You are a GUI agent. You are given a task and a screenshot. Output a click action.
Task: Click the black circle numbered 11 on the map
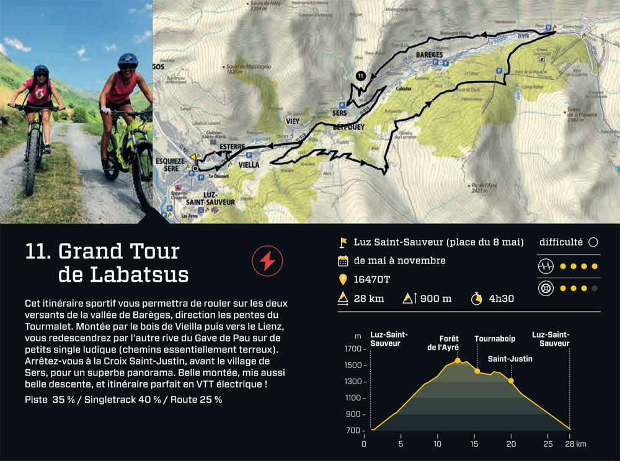361,76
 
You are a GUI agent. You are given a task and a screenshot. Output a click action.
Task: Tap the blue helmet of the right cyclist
127,60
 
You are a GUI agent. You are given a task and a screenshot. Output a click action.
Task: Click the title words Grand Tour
118,252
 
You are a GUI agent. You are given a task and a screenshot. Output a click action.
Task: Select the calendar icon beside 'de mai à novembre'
342,261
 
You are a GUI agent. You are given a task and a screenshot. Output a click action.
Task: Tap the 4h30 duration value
502,299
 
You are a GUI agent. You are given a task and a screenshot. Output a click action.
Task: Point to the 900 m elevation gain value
436,299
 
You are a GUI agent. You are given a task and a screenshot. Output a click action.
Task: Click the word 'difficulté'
560,242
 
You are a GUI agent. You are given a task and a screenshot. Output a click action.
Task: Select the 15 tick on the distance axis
474,444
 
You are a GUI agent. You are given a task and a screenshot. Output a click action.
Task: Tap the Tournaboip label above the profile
495,339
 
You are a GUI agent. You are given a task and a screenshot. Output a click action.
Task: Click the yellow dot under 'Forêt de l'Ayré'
458,360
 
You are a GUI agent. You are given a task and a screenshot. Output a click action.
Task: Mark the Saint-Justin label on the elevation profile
510,358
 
